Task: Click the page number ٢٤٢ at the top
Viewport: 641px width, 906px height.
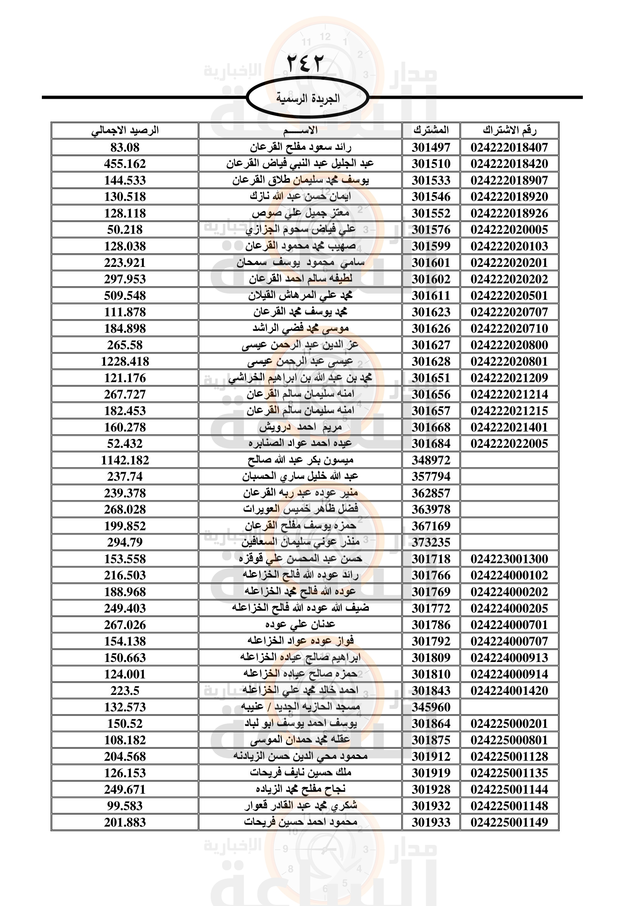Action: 305,63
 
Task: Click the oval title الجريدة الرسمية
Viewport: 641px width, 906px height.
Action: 307,98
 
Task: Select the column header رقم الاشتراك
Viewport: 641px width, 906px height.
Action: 509,130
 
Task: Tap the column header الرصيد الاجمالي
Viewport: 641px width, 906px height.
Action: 125,130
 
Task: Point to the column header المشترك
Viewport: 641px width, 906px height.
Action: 431,130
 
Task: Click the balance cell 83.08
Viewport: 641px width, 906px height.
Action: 125,148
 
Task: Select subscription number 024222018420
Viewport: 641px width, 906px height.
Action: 509,164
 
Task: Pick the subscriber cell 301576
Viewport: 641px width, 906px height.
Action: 431,230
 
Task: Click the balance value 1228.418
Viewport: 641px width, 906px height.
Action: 125,361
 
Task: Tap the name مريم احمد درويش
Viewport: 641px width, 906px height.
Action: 300,427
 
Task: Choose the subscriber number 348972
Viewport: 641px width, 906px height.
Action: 431,460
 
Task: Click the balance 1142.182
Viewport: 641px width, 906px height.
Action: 125,460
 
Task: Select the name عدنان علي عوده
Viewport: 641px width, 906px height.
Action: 300,625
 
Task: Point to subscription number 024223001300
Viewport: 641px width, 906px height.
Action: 509,559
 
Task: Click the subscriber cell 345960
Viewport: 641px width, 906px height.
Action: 431,707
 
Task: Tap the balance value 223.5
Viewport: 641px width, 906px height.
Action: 125,691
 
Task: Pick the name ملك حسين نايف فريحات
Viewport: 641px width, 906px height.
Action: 300,773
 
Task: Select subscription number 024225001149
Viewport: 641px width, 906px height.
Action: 509,822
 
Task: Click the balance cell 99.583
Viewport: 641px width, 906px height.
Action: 125,806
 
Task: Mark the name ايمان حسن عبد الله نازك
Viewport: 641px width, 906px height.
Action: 300,196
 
